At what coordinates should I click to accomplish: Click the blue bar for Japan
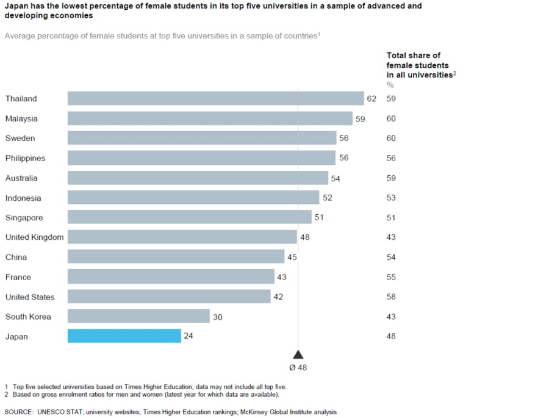[x=124, y=336]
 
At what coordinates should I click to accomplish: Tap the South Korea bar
[x=138, y=316]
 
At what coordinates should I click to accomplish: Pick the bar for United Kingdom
[x=182, y=237]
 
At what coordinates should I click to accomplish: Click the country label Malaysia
[x=21, y=118]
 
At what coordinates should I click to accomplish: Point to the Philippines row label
[x=25, y=158]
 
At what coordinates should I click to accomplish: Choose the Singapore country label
[x=24, y=217]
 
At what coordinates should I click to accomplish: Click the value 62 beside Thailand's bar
[x=371, y=99]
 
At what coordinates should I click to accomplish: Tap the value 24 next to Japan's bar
[x=188, y=336]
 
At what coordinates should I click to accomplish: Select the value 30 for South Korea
[x=218, y=317]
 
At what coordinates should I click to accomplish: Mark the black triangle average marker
[x=298, y=355]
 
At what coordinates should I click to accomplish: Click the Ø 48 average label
[x=298, y=367]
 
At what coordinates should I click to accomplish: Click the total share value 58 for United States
[x=391, y=297]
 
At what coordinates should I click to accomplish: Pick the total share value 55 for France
[x=391, y=277]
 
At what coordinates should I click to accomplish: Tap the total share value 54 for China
[x=391, y=257]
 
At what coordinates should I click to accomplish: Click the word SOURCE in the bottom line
[x=19, y=412]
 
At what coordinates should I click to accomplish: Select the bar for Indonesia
[x=193, y=197]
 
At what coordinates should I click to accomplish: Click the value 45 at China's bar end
[x=292, y=257]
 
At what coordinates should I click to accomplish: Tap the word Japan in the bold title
[x=16, y=6]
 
